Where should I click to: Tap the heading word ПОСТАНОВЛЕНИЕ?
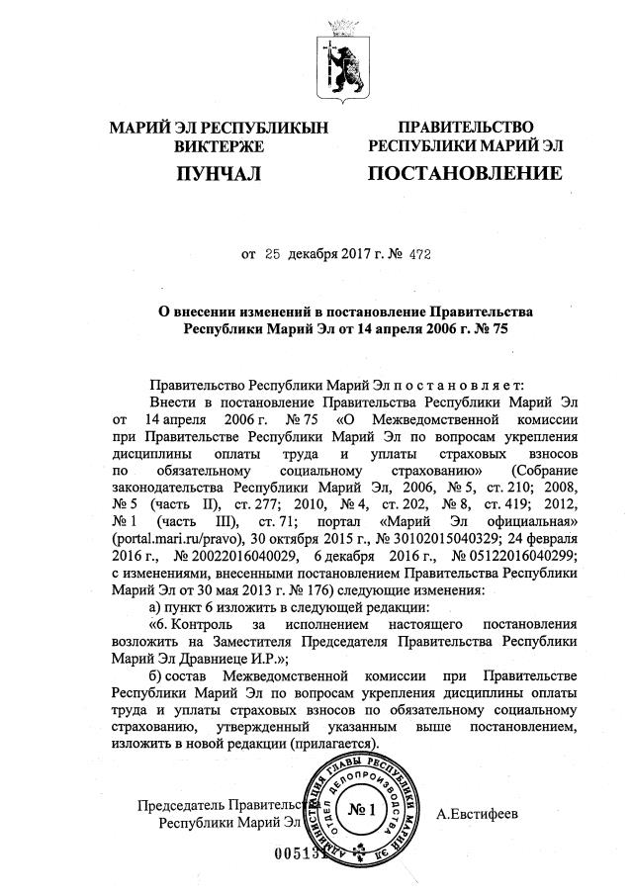465,175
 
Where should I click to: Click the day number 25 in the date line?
273,254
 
